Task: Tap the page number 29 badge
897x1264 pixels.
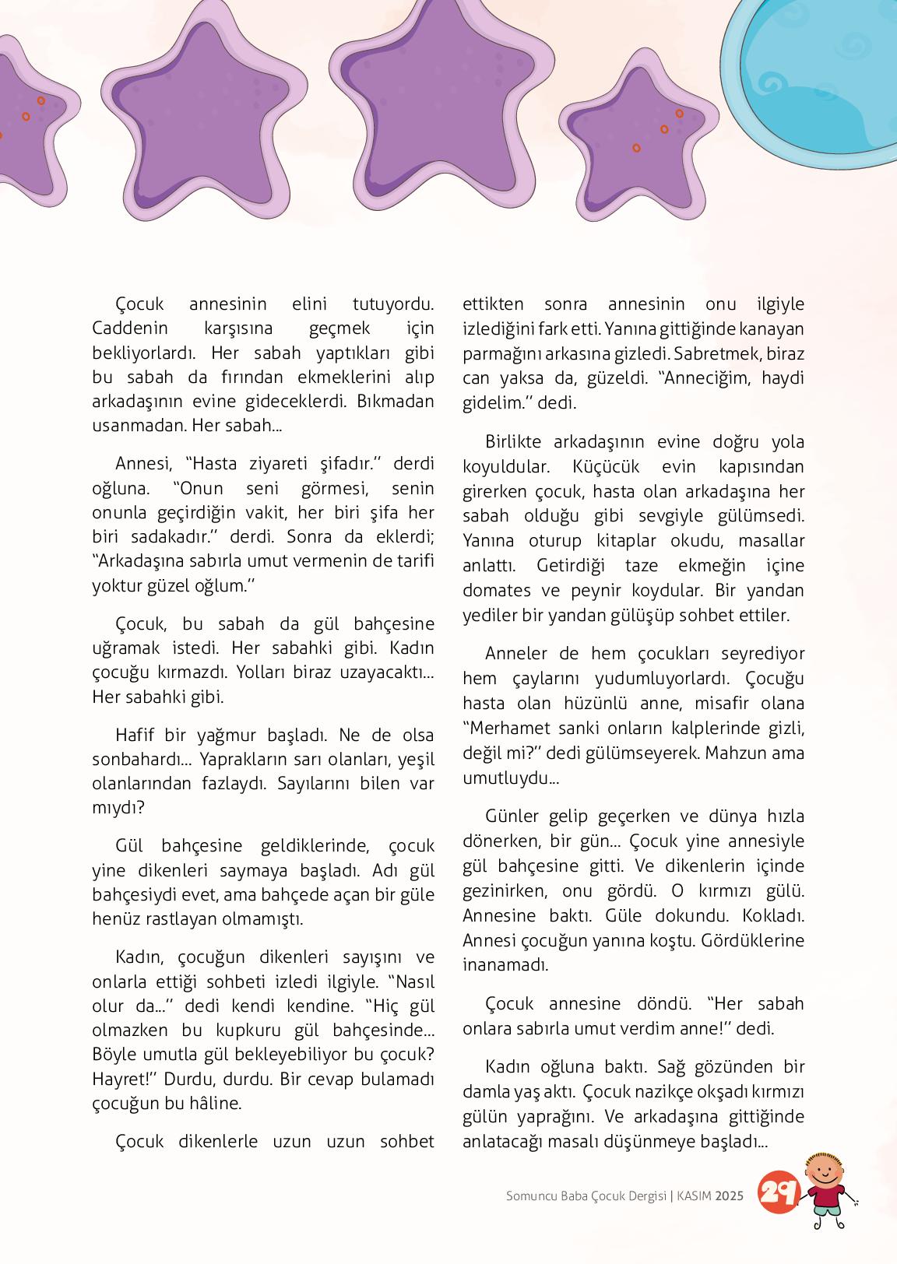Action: click(778, 1192)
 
